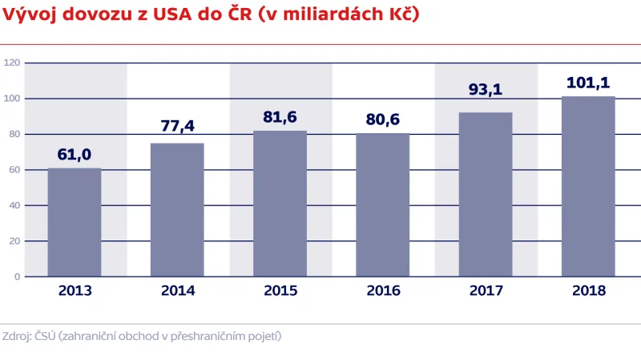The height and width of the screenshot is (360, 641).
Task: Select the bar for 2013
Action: [x=75, y=222]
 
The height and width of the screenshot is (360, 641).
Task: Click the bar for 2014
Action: [x=177, y=209]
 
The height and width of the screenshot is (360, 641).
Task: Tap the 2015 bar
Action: [x=280, y=204]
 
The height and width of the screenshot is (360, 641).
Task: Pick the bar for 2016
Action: [x=383, y=204]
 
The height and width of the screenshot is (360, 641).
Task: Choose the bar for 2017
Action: [x=486, y=194]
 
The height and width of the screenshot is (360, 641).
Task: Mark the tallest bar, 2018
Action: [x=588, y=186]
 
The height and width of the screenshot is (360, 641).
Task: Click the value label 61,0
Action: [x=75, y=154]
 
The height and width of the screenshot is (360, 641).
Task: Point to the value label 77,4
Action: [x=177, y=126]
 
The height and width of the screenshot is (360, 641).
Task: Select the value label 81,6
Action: [x=280, y=117]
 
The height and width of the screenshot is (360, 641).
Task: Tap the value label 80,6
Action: [x=383, y=120]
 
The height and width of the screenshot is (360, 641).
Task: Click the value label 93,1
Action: [x=486, y=90]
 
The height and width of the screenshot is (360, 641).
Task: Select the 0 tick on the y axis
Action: [x=16, y=277]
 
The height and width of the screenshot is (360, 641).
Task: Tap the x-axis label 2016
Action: [x=383, y=291]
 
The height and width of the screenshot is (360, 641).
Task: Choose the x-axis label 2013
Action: [x=75, y=291]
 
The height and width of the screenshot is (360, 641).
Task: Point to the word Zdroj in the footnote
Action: [x=16, y=336]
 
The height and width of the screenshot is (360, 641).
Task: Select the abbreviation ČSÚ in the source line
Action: [x=45, y=336]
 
